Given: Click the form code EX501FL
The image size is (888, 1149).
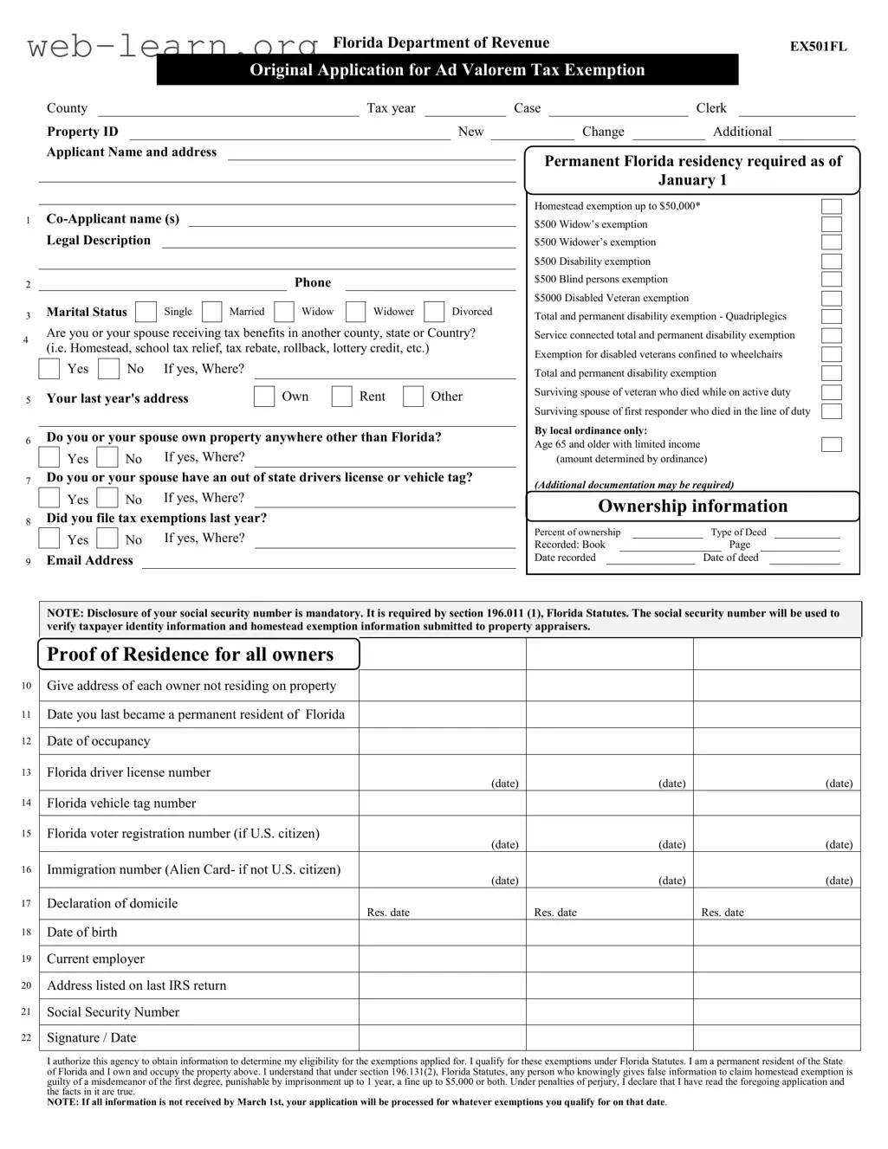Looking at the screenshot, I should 818,47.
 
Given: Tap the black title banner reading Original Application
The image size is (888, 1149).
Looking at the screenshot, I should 447,70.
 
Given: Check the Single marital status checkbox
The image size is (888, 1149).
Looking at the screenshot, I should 146,312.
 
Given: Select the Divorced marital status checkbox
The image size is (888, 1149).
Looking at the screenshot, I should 434,312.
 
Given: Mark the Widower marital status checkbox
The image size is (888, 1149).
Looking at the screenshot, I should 355,312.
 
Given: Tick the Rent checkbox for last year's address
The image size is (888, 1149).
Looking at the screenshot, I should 342,397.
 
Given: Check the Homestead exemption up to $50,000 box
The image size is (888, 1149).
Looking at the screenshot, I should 831,206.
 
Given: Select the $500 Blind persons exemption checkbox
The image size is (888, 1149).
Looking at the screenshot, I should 831,280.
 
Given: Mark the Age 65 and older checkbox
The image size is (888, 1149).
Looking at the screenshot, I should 831,444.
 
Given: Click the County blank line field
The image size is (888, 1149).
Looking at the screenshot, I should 228,110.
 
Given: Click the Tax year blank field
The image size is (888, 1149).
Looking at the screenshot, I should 464,110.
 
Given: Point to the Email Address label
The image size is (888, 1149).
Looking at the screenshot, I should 90,560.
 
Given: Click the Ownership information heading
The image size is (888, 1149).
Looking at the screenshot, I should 692,507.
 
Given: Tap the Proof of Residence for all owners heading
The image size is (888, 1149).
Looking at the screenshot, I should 191,655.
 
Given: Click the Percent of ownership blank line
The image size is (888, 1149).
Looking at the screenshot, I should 666,534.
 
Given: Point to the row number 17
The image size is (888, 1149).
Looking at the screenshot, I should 26,903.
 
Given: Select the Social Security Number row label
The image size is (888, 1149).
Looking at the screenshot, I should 113,1012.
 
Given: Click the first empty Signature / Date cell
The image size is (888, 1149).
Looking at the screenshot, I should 442,1038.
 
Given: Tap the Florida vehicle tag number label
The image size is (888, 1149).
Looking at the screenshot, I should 121,804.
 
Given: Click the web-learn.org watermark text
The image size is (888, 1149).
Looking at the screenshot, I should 173,45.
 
